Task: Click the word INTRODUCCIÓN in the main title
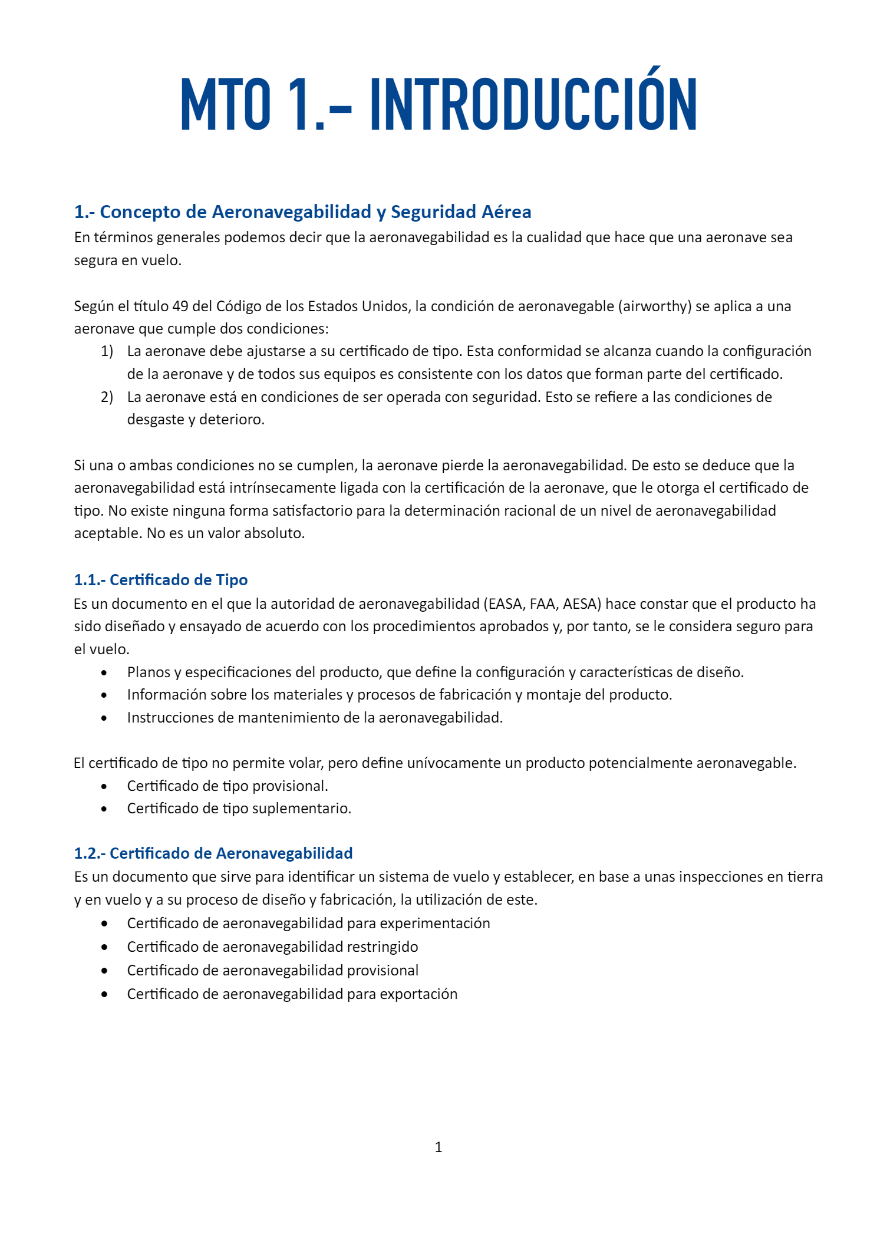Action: coord(533,104)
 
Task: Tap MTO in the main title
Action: coord(226,104)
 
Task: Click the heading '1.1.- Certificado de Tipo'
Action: coord(161,580)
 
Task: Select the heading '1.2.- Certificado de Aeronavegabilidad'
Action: coord(213,853)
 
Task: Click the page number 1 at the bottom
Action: coord(438,1147)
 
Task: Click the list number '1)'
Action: coord(107,351)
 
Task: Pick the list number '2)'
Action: coord(107,397)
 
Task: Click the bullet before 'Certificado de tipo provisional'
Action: coord(104,786)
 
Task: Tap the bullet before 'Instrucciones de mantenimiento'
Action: coord(104,718)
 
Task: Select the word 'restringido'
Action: coord(383,947)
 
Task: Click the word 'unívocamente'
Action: coord(444,763)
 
